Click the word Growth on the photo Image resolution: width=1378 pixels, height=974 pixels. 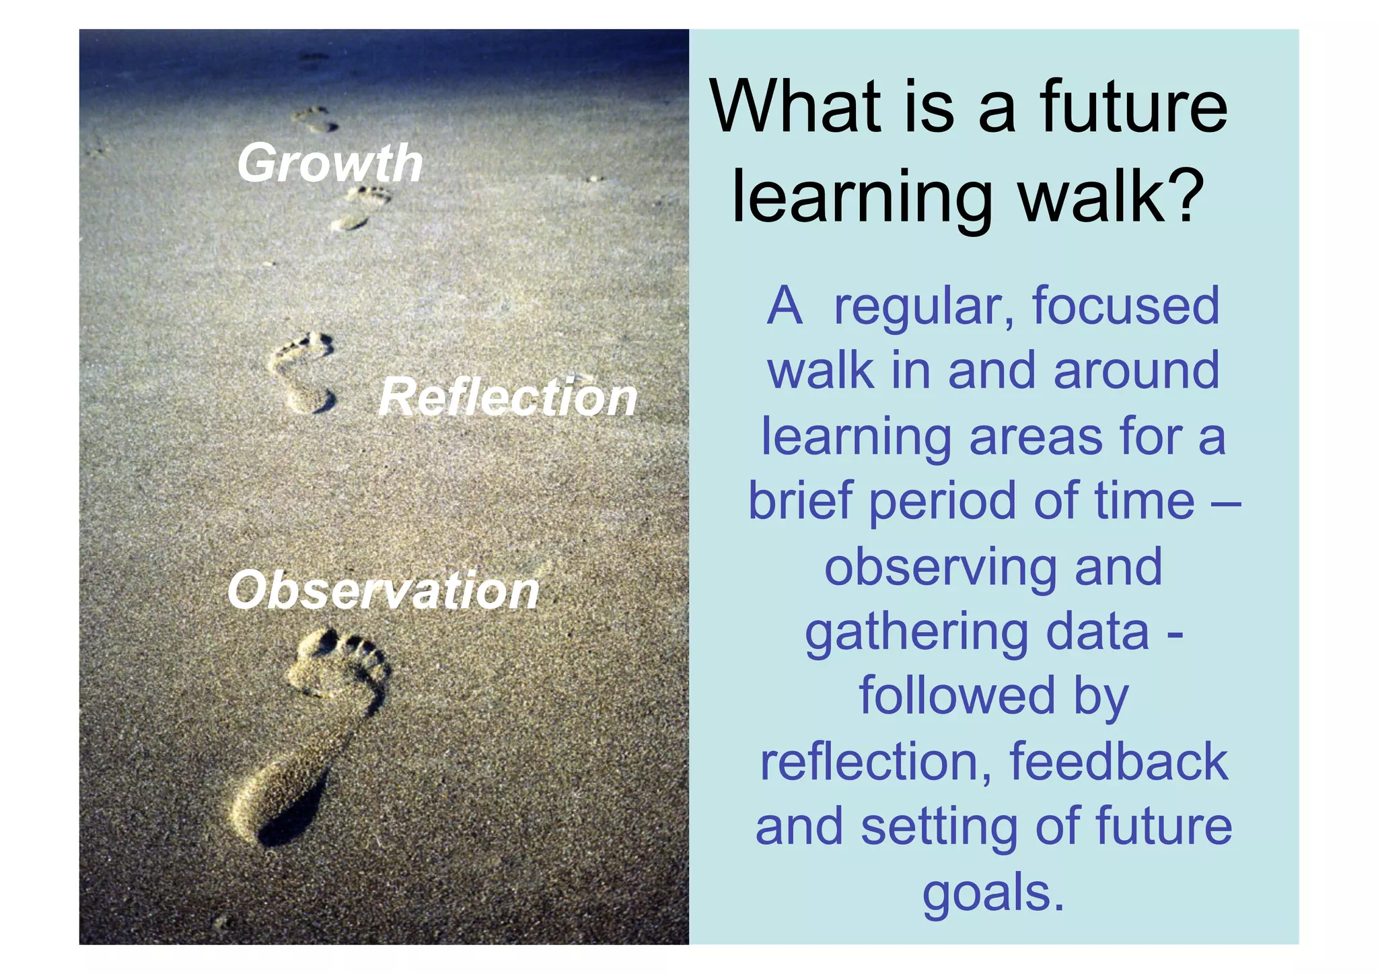(x=330, y=164)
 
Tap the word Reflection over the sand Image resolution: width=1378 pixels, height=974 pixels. (x=508, y=396)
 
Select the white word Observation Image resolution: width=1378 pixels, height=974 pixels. (x=384, y=590)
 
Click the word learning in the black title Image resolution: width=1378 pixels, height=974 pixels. (x=862, y=197)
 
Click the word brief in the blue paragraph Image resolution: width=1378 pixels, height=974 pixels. (x=800, y=501)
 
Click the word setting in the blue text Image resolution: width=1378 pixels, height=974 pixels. (x=939, y=828)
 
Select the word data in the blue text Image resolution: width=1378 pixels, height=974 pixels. (x=1097, y=632)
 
